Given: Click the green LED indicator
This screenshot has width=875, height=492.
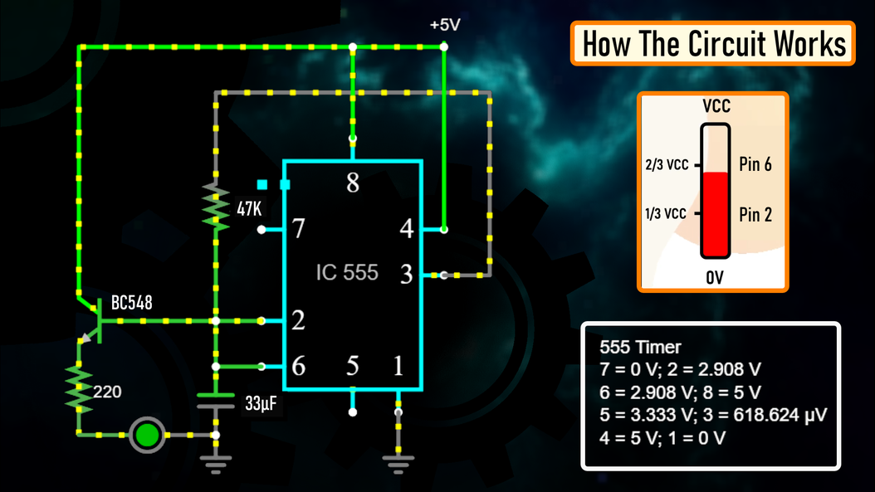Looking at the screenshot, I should tap(148, 434).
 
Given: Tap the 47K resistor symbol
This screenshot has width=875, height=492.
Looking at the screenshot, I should tap(216, 208).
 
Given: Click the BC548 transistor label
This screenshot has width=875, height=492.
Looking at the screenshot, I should tap(132, 304).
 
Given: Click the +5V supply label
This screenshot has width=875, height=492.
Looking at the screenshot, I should tap(445, 25).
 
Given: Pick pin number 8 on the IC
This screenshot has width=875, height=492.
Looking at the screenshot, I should tap(353, 183).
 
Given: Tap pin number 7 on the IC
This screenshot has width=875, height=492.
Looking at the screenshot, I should tap(299, 229).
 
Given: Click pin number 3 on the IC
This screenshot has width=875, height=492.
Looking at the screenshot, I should tap(406, 275).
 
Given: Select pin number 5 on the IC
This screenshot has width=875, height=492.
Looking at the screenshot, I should tap(353, 365).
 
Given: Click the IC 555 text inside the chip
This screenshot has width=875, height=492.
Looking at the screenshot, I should tap(347, 272).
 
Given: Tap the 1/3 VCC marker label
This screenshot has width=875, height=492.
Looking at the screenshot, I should tap(665, 214).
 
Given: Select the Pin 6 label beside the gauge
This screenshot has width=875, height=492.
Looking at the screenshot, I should tap(755, 164).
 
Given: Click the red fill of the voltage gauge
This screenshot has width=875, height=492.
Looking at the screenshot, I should tap(714, 214).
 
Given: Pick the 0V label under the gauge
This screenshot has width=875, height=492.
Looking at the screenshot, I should tap(715, 279).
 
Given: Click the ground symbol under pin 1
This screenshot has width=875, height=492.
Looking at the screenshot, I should tap(398, 460).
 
